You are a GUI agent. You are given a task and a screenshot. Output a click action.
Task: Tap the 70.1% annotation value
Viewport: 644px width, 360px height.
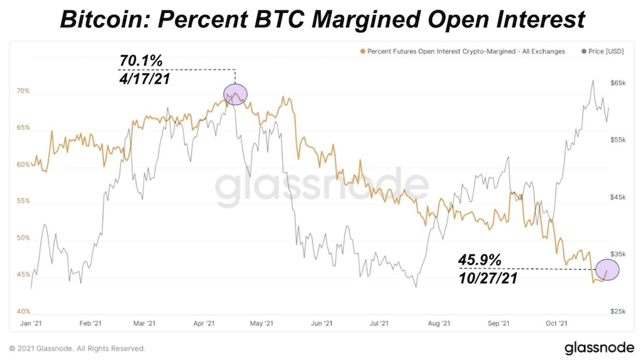pos(141,61)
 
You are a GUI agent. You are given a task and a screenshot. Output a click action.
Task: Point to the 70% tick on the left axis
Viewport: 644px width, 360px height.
pos(23,91)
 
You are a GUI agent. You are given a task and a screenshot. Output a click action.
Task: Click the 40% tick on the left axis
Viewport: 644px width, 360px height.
pos(23,311)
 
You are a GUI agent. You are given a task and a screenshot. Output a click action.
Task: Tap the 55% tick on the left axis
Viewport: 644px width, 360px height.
pos(23,202)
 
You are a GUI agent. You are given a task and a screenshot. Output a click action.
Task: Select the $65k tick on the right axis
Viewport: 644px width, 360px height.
pos(618,83)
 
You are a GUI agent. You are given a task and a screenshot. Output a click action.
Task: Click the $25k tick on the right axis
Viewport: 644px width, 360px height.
pos(618,311)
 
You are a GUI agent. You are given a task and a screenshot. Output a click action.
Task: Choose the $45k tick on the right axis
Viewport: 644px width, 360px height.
pos(618,197)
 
